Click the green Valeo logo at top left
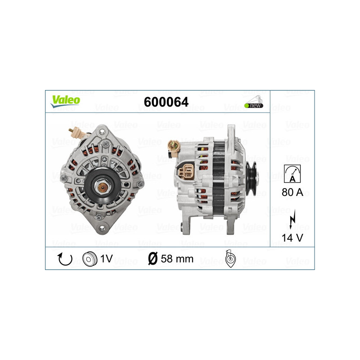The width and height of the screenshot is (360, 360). pyautogui.click(x=65, y=101)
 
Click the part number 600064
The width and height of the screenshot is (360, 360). pyautogui.click(x=166, y=102)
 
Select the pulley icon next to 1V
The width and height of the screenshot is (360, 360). pyautogui.click(x=90, y=259)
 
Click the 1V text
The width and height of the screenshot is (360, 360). pyautogui.click(x=107, y=259)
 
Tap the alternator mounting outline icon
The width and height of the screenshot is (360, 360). pyautogui.click(x=229, y=259)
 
